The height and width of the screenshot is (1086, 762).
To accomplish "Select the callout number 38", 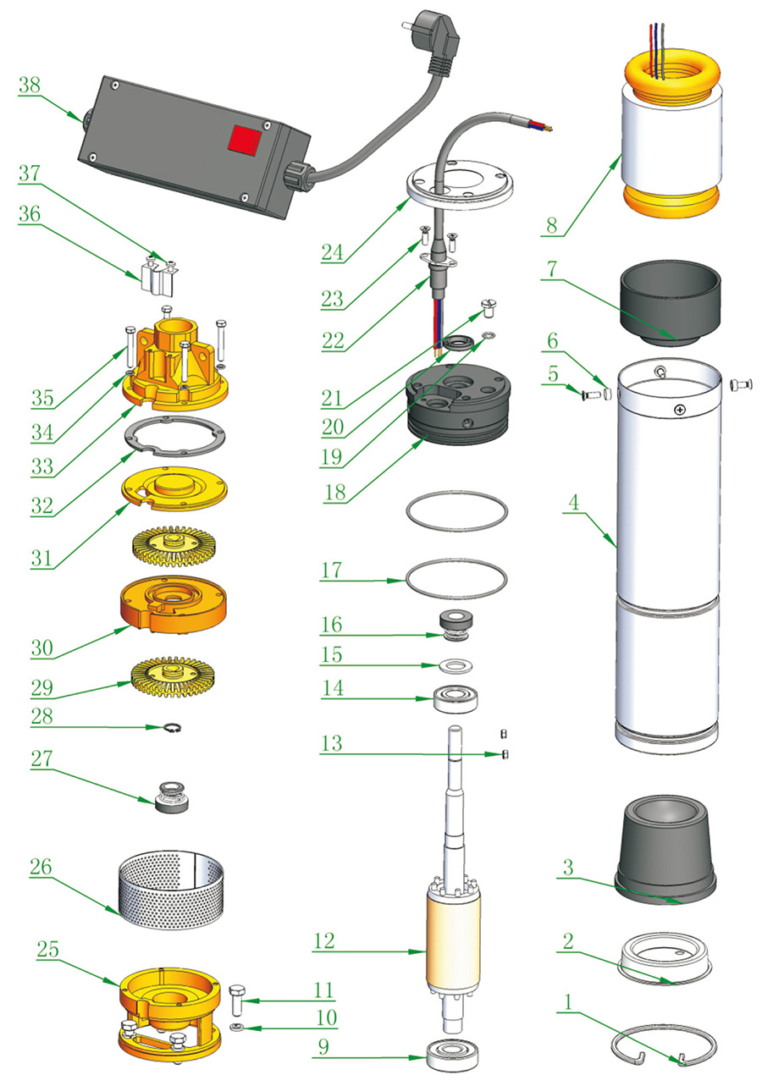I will (x=30, y=86).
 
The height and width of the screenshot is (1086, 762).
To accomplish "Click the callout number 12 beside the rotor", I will (x=324, y=941).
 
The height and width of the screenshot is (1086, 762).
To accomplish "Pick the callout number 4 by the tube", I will (x=573, y=502).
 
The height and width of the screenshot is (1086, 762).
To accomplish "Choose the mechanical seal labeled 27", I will (x=173, y=797).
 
